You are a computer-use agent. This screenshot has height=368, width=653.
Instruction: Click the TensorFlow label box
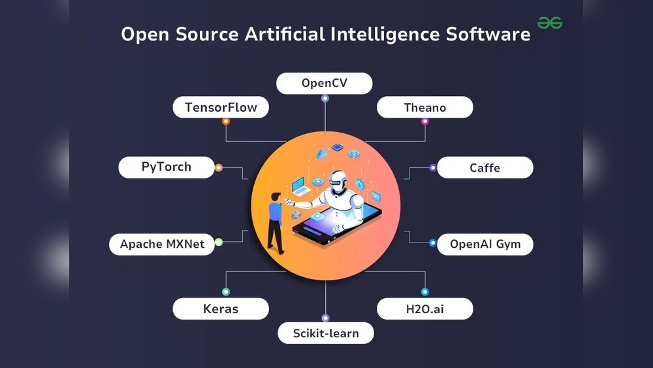pos(221,107)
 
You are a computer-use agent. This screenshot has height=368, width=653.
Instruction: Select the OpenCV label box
pos(325,83)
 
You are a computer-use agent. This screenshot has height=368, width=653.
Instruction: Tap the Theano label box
pos(425,107)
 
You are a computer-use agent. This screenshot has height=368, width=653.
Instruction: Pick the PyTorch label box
pos(167,167)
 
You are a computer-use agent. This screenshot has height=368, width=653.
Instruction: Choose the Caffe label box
pos(485,168)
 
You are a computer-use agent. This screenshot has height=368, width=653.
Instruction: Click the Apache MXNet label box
pos(162,244)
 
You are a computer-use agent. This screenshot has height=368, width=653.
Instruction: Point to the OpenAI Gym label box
pos(485,244)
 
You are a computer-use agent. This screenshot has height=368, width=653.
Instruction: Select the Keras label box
pos(221,309)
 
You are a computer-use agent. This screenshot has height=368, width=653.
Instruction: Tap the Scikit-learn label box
pos(326,333)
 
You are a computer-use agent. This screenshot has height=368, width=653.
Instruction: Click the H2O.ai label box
pos(425,309)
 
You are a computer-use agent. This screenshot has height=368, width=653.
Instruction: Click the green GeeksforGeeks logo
pos(550,23)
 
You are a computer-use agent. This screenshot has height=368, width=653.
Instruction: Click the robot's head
pos(338,182)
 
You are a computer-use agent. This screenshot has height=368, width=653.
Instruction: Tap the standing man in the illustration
pos(276,222)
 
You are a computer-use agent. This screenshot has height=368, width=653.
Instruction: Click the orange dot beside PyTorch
pos(219,168)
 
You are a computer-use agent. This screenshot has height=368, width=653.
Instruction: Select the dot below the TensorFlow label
pos(226,122)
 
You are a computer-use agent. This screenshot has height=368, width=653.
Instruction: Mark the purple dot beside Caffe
pos(433,168)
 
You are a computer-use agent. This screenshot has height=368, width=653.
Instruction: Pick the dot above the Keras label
pos(226,292)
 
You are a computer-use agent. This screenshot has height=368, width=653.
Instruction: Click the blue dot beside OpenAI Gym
pos(433,243)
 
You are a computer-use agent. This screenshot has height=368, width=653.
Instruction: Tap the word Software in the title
pos(488,34)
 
